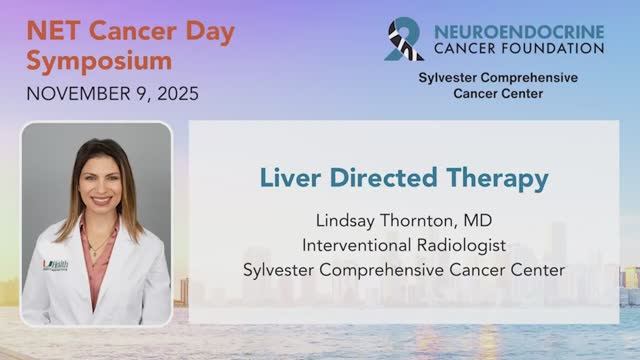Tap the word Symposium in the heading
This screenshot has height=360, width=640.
coord(98,60)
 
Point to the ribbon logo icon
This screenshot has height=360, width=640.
coord(404,39)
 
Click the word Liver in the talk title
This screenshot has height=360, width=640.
coord(288,179)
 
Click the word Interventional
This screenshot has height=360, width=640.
coord(355,244)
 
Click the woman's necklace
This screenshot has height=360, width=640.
coord(98,243)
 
